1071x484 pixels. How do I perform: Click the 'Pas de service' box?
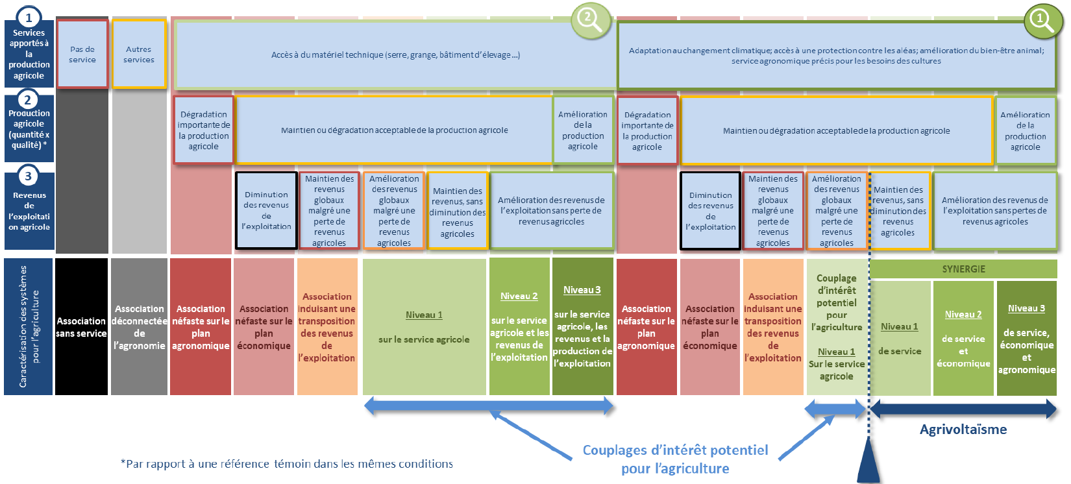[x=82, y=54]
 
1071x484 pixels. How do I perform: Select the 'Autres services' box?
[x=139, y=54]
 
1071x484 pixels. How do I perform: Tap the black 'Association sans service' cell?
[x=81, y=327]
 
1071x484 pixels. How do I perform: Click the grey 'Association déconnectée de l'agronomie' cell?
[x=139, y=327]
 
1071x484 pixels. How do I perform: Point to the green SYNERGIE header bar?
[x=963, y=269]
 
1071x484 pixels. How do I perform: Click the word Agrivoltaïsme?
[x=963, y=430]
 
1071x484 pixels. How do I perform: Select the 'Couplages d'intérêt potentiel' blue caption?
[x=675, y=459]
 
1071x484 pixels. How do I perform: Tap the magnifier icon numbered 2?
[x=590, y=19]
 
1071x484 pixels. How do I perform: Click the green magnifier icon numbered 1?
[x=1042, y=21]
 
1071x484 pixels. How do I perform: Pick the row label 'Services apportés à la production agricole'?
[x=29, y=53]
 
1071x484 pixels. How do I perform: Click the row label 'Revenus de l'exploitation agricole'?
[x=29, y=211]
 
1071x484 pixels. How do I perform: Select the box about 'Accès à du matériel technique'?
[x=395, y=55]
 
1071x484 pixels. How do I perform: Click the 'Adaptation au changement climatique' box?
[x=836, y=55]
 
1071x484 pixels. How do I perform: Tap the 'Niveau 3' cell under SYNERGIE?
[x=1026, y=338]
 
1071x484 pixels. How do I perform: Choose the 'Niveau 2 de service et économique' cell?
[x=963, y=338]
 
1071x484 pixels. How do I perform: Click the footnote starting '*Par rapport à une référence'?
[x=286, y=464]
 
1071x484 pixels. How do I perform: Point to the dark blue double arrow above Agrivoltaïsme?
[x=963, y=409]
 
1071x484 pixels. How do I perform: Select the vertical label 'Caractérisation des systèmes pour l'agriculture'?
[x=29, y=326]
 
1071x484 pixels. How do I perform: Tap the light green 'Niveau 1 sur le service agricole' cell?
[x=424, y=327]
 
